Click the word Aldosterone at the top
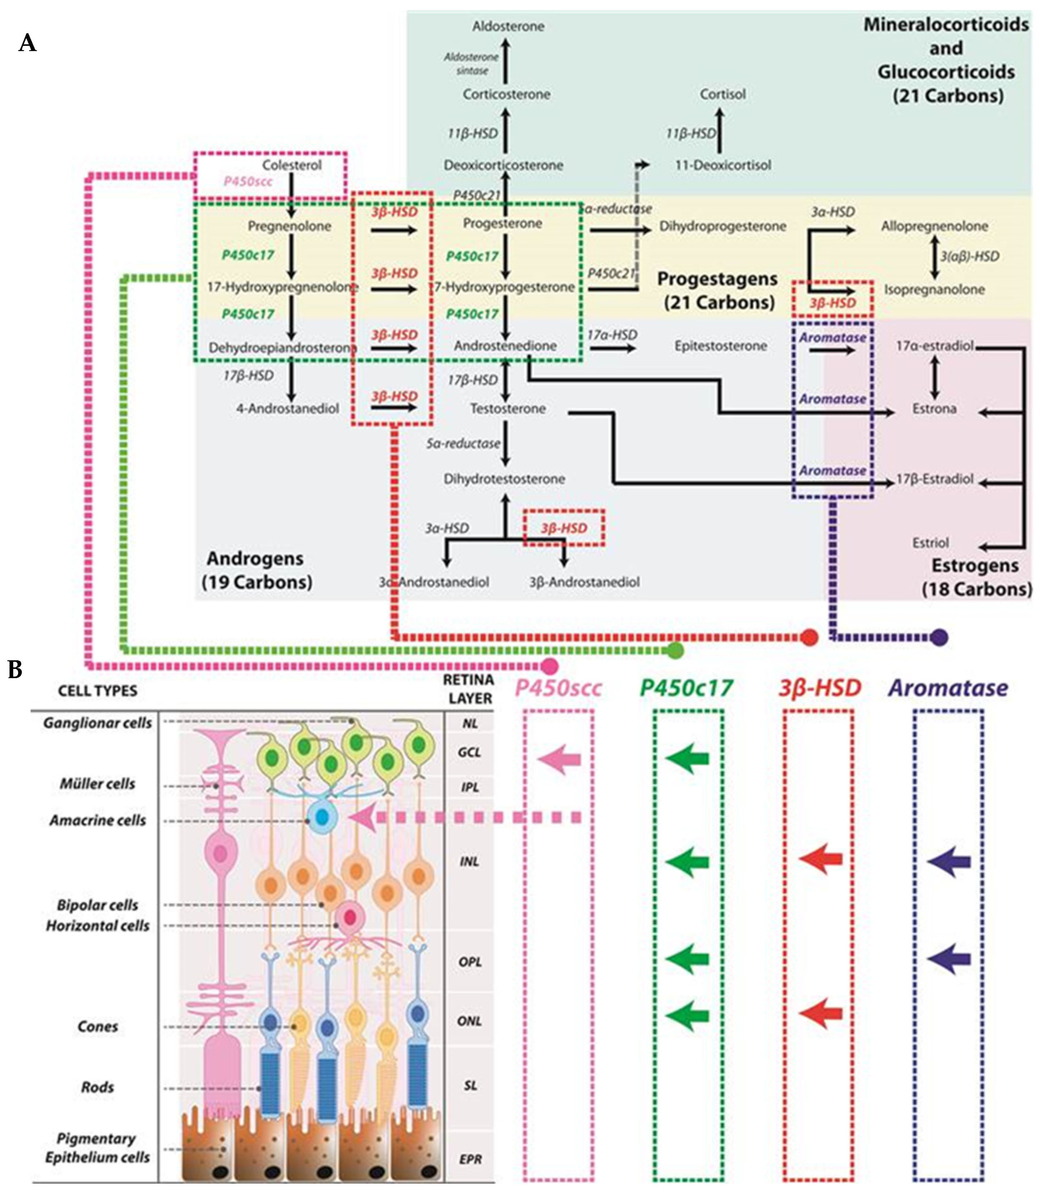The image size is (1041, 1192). [x=508, y=26]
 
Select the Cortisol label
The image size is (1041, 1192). [x=722, y=94]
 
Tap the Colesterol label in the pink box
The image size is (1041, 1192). [x=292, y=165]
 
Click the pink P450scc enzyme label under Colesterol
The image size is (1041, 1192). [x=248, y=181]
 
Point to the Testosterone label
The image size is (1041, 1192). [x=508, y=408]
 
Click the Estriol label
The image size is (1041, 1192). [x=930, y=543]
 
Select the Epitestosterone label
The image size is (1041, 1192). [x=720, y=346]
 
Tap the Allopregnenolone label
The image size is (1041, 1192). [x=934, y=226]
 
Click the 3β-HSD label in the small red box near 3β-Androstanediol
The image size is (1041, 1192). [x=564, y=528]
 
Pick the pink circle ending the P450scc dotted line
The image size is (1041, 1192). [x=549, y=666]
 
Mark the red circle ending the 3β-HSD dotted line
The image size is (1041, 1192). [x=809, y=637]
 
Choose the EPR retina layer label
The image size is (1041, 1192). [x=470, y=1159]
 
